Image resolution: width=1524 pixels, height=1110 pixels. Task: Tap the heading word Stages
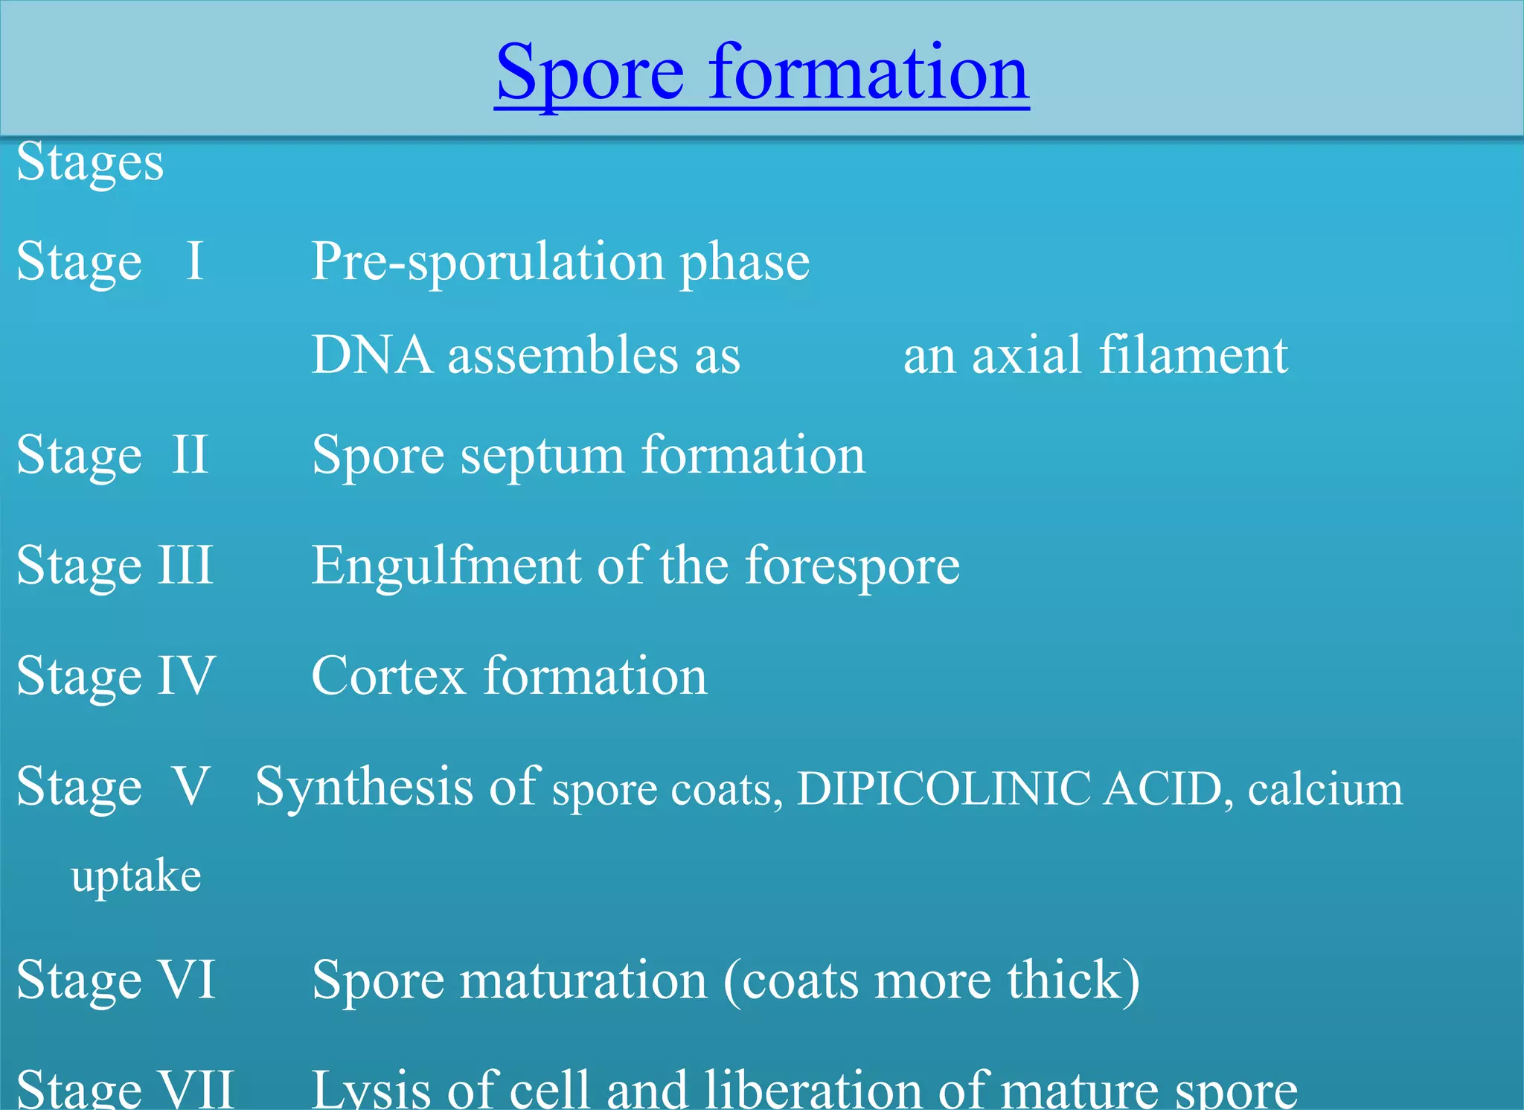click(90, 163)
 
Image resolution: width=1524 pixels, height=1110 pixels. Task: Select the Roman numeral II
click(189, 454)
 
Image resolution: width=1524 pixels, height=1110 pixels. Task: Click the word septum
click(542, 456)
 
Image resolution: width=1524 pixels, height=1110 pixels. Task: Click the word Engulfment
click(445, 566)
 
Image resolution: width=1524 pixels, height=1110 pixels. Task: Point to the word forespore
click(852, 566)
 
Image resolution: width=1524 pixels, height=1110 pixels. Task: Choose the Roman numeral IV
click(186, 676)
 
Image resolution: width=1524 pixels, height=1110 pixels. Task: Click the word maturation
click(583, 980)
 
